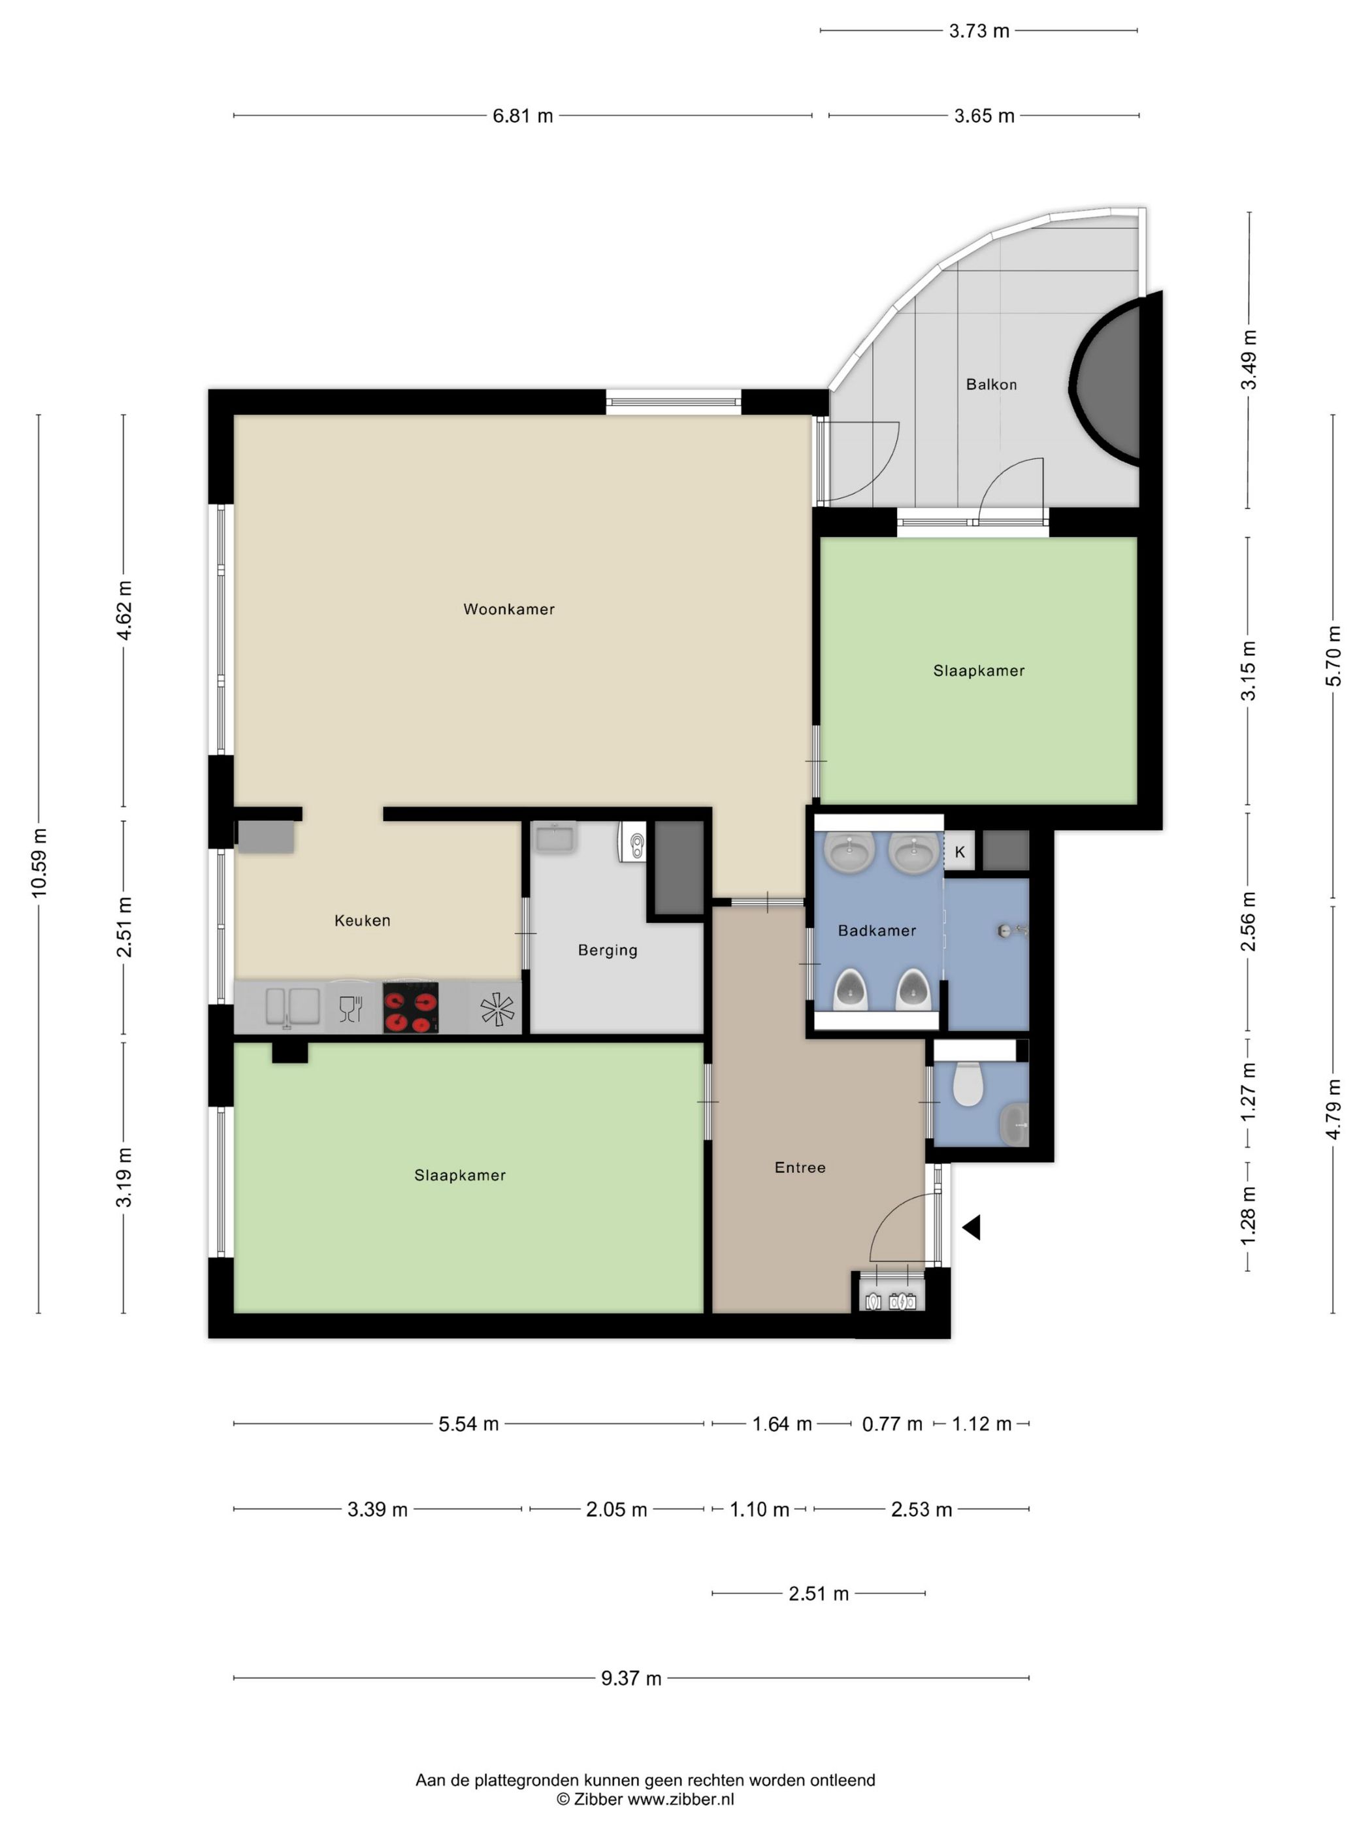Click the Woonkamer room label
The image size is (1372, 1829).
point(508,609)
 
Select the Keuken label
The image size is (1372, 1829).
point(362,920)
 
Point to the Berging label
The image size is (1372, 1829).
point(608,950)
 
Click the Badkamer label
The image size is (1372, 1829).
point(877,930)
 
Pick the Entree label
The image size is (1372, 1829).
point(800,1167)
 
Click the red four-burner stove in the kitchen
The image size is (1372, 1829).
point(410,1007)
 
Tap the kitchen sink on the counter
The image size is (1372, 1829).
point(292,1007)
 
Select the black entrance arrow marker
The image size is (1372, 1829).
point(972,1227)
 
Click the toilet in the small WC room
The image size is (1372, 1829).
point(968,1084)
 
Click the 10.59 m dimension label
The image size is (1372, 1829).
point(39,862)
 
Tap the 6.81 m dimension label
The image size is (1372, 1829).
point(523,116)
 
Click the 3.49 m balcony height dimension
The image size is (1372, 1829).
point(1249,360)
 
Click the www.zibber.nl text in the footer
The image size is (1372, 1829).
point(681,1799)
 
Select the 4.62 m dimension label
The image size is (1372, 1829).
point(124,610)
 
